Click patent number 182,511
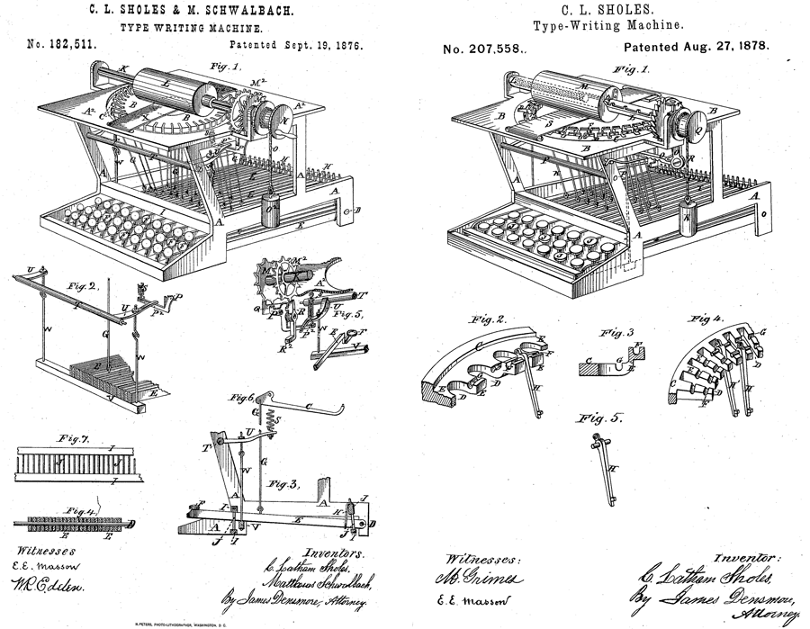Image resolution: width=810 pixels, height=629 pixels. coord(65,43)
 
